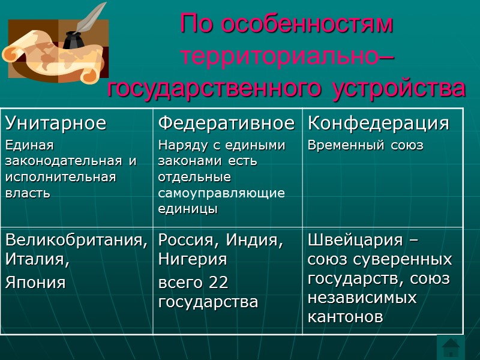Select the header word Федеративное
coord(226,124)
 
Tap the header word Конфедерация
coord(378,124)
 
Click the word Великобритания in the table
coord(76,241)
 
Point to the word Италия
coord(36,261)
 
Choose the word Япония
coord(35,283)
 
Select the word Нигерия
coord(192,260)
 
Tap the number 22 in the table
coord(218,282)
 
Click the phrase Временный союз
coord(365,146)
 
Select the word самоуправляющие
coord(221,193)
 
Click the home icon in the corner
coord(451,347)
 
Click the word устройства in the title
coord(399,88)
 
